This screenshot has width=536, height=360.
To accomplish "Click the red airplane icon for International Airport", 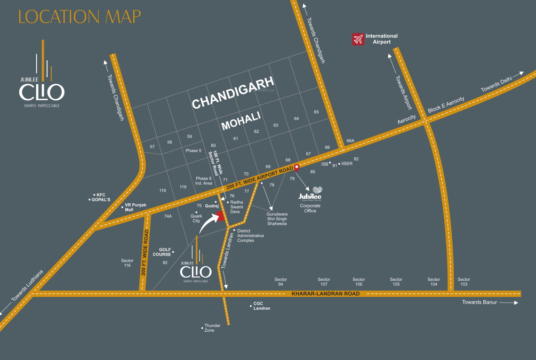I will (359, 39).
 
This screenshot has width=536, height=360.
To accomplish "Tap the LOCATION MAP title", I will (80, 16).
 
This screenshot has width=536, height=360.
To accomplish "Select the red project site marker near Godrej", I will (220, 216).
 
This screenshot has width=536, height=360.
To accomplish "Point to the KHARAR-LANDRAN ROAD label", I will (326, 294).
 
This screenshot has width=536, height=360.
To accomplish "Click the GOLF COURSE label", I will (162, 252).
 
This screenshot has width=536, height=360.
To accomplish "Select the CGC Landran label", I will (262, 306).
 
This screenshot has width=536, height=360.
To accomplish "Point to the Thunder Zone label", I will (209, 328).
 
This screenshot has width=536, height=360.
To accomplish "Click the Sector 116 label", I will (128, 263).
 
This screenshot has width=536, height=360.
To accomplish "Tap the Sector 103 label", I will (464, 282).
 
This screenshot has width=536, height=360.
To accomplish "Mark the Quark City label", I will (196, 218).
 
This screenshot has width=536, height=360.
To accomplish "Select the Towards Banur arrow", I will (509, 303).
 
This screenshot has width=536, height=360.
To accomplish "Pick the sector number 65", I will (316, 112).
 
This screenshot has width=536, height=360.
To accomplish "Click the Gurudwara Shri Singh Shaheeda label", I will (277, 218).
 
